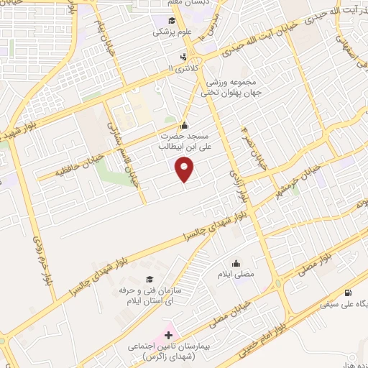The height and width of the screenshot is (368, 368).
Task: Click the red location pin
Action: [x=185, y=169]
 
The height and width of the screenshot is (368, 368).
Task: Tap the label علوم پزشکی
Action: [x=170, y=32]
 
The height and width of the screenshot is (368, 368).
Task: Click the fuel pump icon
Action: [x=349, y=293]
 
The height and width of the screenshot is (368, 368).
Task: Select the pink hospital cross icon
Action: [x=169, y=335]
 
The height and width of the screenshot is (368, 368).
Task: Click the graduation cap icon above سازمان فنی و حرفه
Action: [x=149, y=280]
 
